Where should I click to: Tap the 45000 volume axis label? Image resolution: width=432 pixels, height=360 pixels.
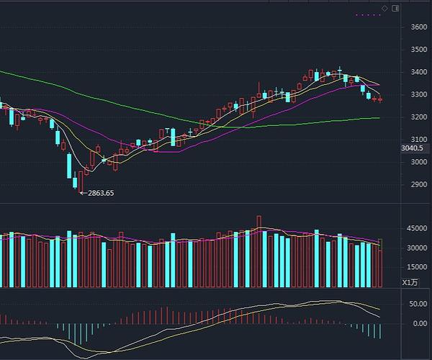417,230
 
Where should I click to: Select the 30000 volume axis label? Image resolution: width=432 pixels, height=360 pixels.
417,248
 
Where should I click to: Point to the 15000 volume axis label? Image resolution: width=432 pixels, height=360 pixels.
417,267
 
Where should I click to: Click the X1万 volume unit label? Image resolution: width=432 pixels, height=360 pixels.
410,282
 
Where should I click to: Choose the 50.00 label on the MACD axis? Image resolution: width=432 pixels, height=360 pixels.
418,304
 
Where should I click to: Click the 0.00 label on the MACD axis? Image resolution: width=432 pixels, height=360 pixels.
420,323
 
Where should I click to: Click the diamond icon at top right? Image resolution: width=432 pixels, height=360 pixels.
385,8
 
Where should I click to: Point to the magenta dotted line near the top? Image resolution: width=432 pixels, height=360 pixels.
368,14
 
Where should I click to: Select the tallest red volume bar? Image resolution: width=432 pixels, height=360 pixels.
258,251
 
